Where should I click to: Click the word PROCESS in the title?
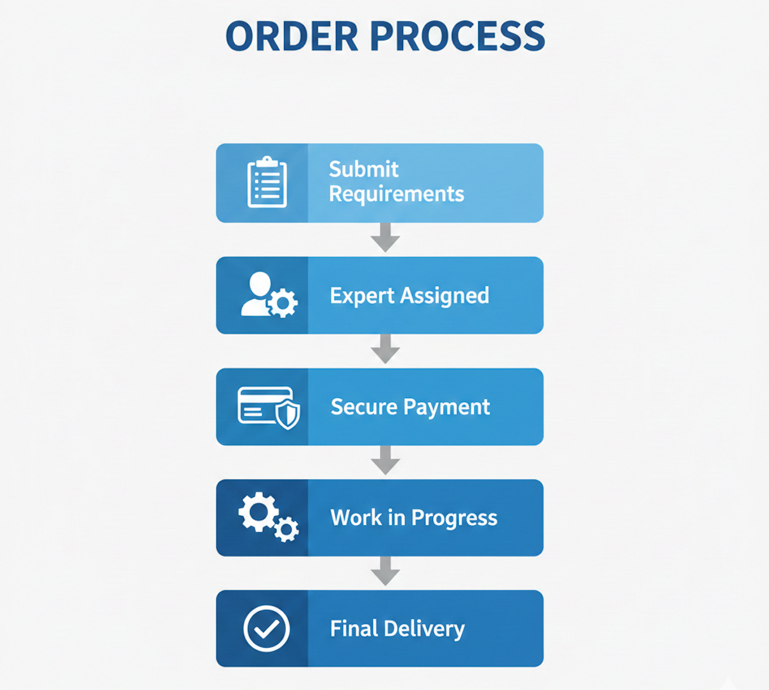click(x=458, y=37)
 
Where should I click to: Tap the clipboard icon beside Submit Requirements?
click(x=267, y=183)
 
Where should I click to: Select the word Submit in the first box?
click(x=363, y=169)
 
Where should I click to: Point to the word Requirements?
click(x=396, y=194)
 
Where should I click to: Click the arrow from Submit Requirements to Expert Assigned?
click(x=385, y=238)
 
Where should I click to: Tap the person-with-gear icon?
click(x=269, y=296)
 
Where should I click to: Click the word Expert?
click(x=362, y=296)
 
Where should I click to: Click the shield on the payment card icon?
click(x=288, y=415)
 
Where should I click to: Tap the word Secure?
click(x=363, y=407)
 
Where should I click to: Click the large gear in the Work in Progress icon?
click(x=258, y=512)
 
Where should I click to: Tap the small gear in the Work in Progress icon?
click(x=286, y=529)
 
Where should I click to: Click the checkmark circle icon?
click(x=267, y=628)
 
